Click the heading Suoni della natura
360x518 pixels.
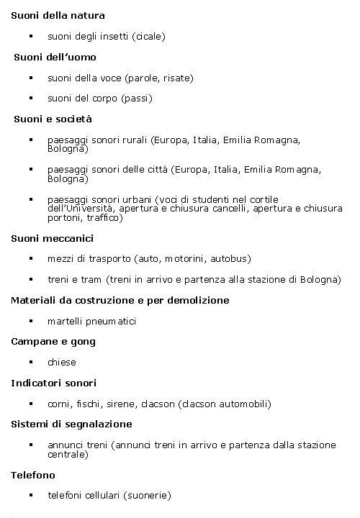pyautogui.click(x=58, y=15)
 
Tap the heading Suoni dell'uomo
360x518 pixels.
pyautogui.click(x=55, y=57)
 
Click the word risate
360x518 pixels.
pyautogui.click(x=176, y=78)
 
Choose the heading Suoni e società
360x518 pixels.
pyautogui.click(x=53, y=119)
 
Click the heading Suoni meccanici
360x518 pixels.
pyautogui.click(x=52, y=238)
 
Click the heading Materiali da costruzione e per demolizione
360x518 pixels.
pyautogui.click(x=120, y=300)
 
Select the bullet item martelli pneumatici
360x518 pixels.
pyautogui.click(x=91, y=321)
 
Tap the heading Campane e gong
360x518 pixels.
pyautogui.click(x=53, y=342)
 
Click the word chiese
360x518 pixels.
pyautogui.click(x=62, y=363)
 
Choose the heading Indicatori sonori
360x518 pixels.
pyautogui.click(x=53, y=383)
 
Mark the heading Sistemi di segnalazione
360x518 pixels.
pyautogui.click(x=71, y=424)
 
